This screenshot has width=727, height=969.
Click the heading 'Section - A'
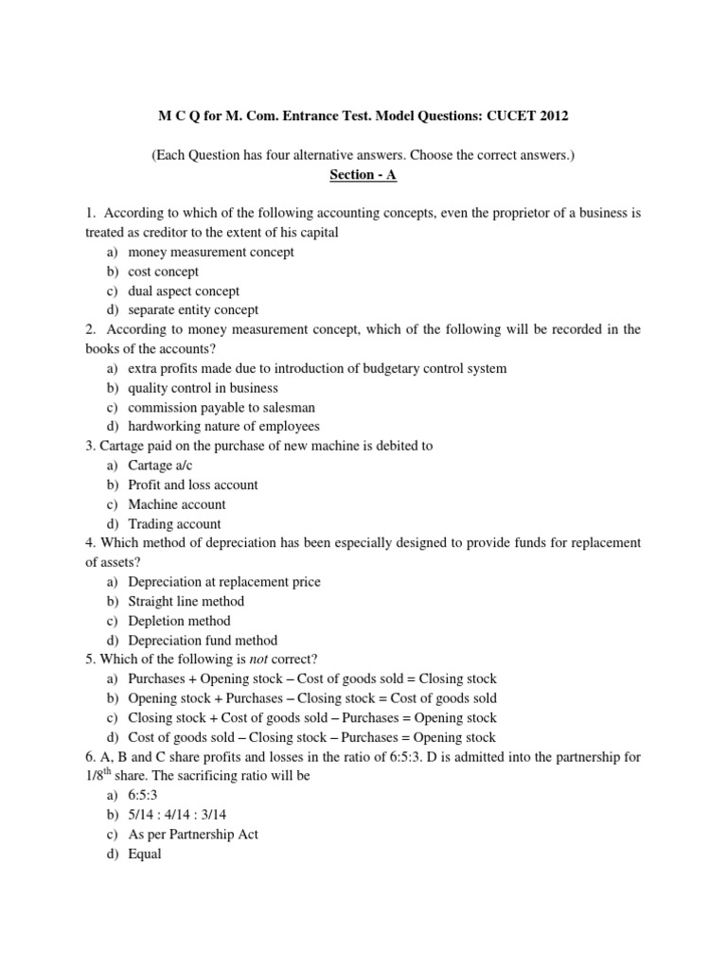pyautogui.click(x=363, y=175)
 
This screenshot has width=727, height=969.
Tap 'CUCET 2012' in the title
pyautogui.click(x=530, y=115)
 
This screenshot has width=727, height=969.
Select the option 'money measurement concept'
pyautogui.click(x=211, y=253)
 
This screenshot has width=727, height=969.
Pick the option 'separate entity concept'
pyautogui.click(x=193, y=310)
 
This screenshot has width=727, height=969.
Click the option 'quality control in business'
pyautogui.click(x=204, y=388)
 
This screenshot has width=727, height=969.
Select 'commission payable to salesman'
pyautogui.click(x=222, y=407)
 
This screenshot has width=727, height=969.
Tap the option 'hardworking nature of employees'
pyautogui.click(x=224, y=427)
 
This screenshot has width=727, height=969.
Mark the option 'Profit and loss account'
pyautogui.click(x=193, y=484)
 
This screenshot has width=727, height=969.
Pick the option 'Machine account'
pyautogui.click(x=177, y=504)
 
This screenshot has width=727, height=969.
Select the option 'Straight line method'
pyautogui.click(x=186, y=602)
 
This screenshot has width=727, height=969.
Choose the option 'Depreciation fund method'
pyautogui.click(x=203, y=641)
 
